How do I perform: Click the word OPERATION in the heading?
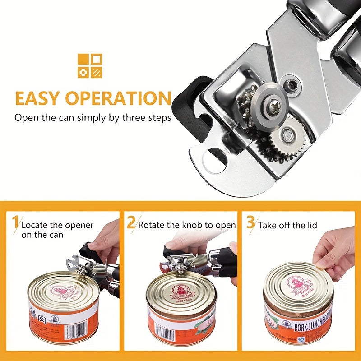pyautogui.click(x=118, y=98)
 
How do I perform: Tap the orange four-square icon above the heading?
pyautogui.click(x=90, y=66)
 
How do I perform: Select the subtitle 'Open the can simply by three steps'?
pyautogui.click(x=93, y=118)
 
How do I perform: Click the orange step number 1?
pyautogui.click(x=15, y=223)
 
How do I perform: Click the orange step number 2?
pyautogui.click(x=131, y=223)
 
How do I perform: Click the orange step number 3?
pyautogui.click(x=250, y=223)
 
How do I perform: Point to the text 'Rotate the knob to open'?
pyautogui.click(x=187, y=225)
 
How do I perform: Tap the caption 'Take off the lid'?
pyautogui.click(x=287, y=225)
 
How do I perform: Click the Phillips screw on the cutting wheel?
pyautogui.click(x=273, y=107)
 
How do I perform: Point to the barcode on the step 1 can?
pyautogui.click(x=75, y=332)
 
